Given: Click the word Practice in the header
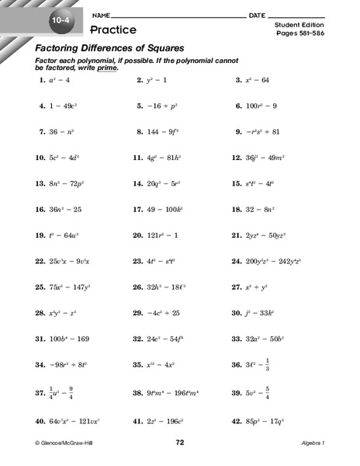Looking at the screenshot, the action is (x=112, y=30).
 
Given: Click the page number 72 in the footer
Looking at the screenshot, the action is (x=179, y=442).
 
